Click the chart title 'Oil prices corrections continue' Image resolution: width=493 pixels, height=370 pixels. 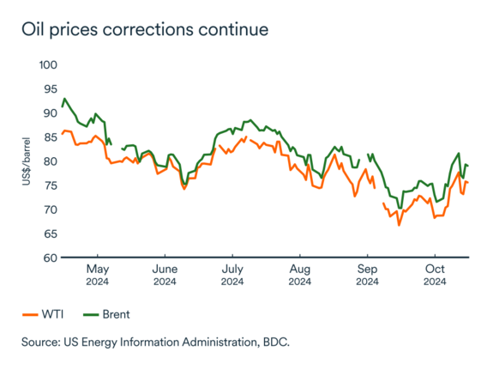146,29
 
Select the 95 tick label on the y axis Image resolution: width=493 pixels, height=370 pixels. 49,89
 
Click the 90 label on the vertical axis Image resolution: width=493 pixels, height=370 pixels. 49,113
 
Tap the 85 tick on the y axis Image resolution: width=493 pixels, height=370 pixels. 49,137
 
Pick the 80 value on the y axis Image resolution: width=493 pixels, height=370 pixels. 49,161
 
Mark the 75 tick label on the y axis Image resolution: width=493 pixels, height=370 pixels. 49,185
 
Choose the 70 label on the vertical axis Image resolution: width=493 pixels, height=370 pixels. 49,209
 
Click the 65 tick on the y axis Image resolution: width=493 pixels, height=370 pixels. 49,234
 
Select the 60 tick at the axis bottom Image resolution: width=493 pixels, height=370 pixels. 49,258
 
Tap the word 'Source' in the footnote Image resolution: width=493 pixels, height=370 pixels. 44,343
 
